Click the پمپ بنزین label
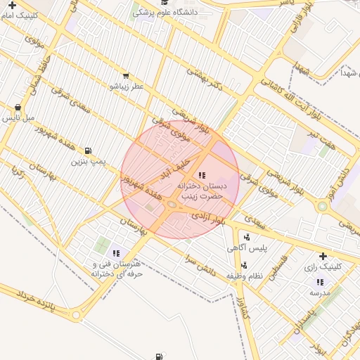click(88, 161)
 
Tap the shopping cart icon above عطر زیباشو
click(125, 75)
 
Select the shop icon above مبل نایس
click(18, 108)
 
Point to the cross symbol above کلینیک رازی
click(323, 256)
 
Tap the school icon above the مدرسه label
click(320, 281)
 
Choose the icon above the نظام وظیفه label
click(244, 265)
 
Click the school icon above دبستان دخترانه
click(202, 174)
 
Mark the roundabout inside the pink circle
click(172, 205)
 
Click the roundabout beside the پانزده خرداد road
click(76, 316)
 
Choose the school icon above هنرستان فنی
click(116, 253)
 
